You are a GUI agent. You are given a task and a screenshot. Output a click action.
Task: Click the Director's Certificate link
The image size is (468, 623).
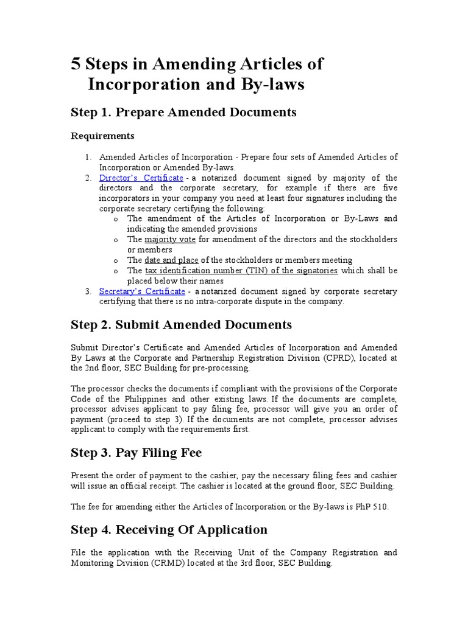[x=141, y=178]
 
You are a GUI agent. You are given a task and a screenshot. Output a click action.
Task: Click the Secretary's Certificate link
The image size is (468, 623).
[x=142, y=291]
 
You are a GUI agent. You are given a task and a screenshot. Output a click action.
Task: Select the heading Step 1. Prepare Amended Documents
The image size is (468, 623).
[x=183, y=112]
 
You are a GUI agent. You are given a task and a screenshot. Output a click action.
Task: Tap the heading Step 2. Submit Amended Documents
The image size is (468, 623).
[x=181, y=324]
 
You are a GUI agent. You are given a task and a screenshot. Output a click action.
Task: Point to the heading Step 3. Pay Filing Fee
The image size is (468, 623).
[x=136, y=453]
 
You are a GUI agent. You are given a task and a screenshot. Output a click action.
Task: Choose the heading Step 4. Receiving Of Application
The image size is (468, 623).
[x=169, y=529]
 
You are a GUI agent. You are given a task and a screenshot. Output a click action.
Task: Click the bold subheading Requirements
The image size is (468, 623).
[x=102, y=135]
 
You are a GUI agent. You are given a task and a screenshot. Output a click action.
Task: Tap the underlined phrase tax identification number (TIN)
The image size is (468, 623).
[x=205, y=270]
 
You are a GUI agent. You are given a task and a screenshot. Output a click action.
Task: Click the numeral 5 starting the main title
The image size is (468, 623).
[x=76, y=64]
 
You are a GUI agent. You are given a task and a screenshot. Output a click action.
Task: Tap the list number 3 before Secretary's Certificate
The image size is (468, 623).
[x=88, y=291]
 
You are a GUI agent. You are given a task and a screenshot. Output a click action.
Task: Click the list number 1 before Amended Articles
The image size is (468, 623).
[x=88, y=157]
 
